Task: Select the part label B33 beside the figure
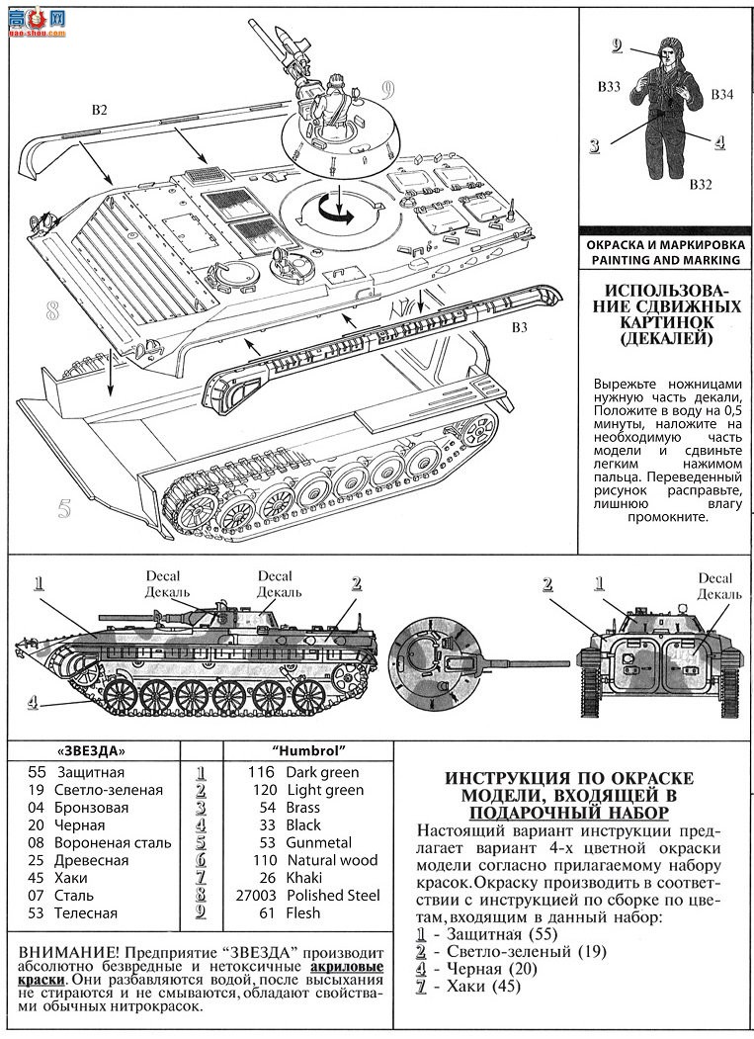(x=609, y=87)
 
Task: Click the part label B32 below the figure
(x=702, y=184)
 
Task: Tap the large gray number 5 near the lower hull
(x=64, y=510)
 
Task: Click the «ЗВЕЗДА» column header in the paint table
(x=92, y=750)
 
